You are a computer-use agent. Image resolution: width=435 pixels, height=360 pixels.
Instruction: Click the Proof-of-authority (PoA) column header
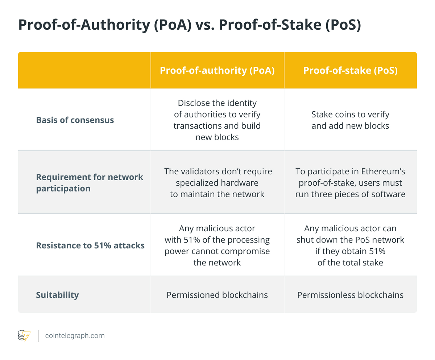(x=217, y=70)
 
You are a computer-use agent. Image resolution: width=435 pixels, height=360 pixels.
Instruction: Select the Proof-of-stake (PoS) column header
(x=350, y=70)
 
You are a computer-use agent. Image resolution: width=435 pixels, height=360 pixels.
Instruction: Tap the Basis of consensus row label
(x=75, y=120)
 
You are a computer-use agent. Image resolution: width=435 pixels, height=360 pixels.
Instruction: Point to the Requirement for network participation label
(x=90, y=183)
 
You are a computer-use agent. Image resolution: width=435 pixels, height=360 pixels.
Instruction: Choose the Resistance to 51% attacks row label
(x=90, y=245)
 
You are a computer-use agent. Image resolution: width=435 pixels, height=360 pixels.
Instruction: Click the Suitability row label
(x=57, y=295)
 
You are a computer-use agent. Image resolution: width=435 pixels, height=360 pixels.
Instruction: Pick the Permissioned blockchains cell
(x=217, y=295)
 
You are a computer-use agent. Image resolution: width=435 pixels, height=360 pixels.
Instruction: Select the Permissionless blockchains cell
(x=350, y=295)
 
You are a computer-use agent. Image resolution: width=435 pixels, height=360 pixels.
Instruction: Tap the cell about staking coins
(x=350, y=120)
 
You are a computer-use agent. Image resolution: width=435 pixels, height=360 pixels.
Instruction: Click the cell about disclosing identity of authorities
(x=217, y=120)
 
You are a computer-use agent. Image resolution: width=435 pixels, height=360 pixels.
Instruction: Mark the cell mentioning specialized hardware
(x=217, y=183)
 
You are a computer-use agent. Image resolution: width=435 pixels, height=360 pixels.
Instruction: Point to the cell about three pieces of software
(x=350, y=183)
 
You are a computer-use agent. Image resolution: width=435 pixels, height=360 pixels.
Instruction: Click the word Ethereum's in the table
(x=382, y=171)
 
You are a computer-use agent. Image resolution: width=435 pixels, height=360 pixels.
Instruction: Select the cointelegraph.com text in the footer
(x=75, y=336)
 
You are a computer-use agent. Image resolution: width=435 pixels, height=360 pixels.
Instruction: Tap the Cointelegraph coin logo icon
(x=24, y=336)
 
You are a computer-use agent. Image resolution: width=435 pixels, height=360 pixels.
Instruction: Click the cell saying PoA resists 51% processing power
(x=217, y=245)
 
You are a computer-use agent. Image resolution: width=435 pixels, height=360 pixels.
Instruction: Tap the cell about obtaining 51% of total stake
(x=350, y=245)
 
